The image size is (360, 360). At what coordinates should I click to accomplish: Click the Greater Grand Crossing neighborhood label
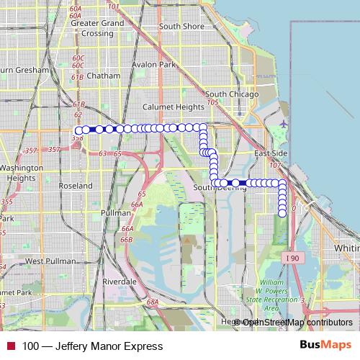pyautogui.click(x=98, y=27)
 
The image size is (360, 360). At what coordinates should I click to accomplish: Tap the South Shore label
pyautogui.click(x=181, y=27)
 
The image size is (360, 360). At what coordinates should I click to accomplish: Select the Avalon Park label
pyautogui.click(x=154, y=64)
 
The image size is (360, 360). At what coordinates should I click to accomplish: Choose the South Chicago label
pyautogui.click(x=226, y=94)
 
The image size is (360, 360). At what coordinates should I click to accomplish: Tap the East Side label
pyautogui.click(x=271, y=154)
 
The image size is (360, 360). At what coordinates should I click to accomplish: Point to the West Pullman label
pyautogui.click(x=45, y=261)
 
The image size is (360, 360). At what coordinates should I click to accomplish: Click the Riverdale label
pyautogui.click(x=120, y=281)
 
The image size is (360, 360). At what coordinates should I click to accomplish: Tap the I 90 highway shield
pyautogui.click(x=291, y=257)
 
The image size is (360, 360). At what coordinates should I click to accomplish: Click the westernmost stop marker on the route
pyautogui.click(x=78, y=130)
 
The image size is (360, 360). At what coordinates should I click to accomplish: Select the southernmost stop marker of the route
pyautogui.click(x=282, y=212)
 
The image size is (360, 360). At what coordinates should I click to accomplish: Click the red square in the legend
pyautogui.click(x=11, y=346)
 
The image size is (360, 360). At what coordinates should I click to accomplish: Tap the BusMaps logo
pyautogui.click(x=325, y=346)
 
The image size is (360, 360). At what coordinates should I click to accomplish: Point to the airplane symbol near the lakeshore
pyautogui.click(x=283, y=123)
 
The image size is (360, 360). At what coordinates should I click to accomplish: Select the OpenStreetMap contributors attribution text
pyautogui.click(x=298, y=323)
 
